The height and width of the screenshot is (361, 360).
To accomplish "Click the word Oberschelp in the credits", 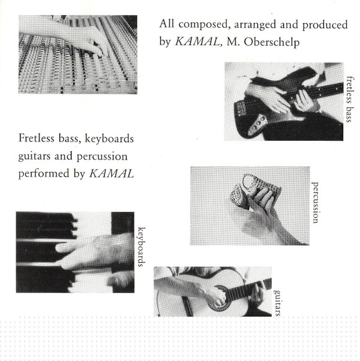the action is coord(272,42).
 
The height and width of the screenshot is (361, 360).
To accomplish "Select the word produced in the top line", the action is coord(325,25).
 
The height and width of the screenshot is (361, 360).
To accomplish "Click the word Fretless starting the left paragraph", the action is coord(37,138).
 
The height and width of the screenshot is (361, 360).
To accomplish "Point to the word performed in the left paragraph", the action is coord(44,173).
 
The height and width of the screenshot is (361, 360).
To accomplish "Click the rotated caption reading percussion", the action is coord(315,202).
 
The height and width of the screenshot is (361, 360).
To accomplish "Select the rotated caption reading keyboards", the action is coord(142,247).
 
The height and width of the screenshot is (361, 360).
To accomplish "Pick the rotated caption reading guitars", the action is coord(277,303).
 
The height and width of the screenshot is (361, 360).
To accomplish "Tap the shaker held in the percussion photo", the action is coord(255,191).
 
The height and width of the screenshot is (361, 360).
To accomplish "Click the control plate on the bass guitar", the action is coord(258,125).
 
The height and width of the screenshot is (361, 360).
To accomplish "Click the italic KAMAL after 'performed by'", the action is coord(112,173).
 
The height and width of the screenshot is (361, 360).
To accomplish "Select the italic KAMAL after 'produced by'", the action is coord(197,41).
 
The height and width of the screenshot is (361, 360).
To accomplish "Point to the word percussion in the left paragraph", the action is coord(102,157).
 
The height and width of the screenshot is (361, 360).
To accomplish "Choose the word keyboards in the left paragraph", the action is coord(109,139).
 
